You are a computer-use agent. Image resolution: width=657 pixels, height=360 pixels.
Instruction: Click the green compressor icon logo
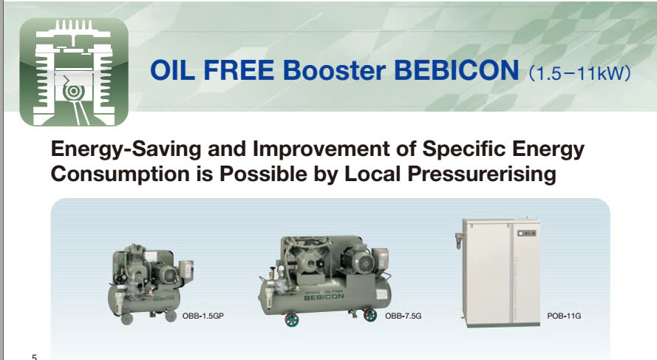coord(74,72)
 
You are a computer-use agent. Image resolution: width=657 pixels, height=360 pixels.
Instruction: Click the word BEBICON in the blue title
coord(456,70)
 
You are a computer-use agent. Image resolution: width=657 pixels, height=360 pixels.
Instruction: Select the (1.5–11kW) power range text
coord(579,73)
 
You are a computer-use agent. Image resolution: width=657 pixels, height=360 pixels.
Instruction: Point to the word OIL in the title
coord(172,70)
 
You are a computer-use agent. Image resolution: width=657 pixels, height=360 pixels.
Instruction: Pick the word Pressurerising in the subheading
coord(482,174)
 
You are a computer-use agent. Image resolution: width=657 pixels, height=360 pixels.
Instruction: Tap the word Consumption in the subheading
coord(120,174)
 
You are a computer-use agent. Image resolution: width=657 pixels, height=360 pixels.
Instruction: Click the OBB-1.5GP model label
coord(202,316)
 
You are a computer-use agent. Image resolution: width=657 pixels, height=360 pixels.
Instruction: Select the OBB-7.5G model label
coord(403,316)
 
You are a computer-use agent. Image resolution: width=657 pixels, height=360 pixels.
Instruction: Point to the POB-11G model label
coord(564,316)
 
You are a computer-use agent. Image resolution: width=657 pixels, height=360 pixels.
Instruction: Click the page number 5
coord(34,357)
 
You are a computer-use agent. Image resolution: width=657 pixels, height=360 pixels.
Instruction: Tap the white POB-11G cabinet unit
coord(500,273)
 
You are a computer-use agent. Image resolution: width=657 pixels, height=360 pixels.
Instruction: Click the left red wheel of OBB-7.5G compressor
coord(292,320)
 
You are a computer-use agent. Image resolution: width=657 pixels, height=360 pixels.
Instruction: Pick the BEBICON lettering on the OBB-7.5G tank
coord(324,296)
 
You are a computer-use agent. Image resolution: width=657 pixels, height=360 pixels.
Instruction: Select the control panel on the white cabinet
coord(526,233)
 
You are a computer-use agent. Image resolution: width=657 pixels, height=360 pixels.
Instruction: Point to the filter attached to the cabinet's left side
coord(460,241)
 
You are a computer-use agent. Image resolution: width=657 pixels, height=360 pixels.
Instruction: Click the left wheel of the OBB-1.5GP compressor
coord(126,319)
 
